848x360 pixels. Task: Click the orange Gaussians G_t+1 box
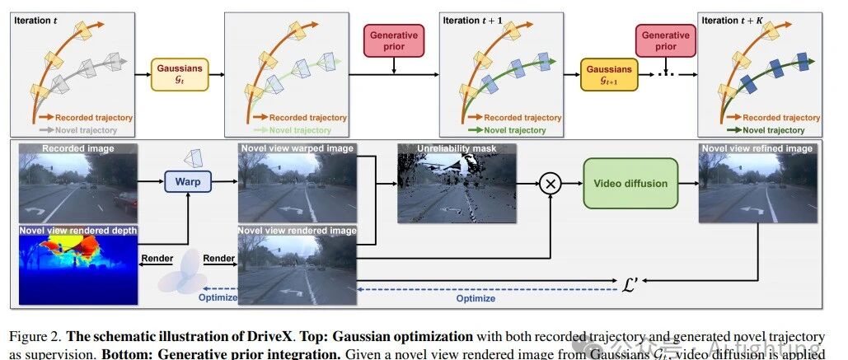point(608,74)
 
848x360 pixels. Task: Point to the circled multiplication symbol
point(550,184)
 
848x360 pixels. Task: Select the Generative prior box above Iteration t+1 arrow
point(394,40)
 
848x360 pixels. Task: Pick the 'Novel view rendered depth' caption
point(79,231)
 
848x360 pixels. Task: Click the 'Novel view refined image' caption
point(757,149)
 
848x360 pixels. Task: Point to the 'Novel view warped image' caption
point(297,149)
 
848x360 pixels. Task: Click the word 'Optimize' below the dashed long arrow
point(476,298)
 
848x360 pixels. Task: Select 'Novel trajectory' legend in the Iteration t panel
point(81,130)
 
